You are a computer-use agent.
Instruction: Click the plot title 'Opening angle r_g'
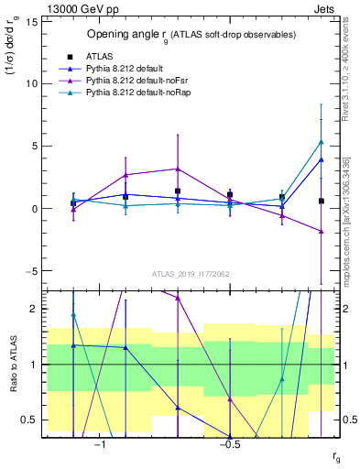tap(191, 34)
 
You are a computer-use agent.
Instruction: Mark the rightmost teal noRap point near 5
tap(321, 142)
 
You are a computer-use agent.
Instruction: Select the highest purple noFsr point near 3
tap(178, 169)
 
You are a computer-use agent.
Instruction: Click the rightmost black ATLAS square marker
tap(321, 201)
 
